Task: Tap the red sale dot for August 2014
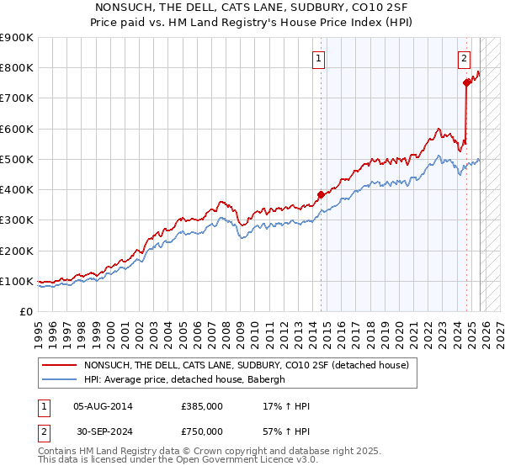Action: [321, 194]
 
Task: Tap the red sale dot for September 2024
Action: [466, 82]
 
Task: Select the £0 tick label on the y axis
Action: [26, 311]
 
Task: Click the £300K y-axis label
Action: [17, 220]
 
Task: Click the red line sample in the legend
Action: [59, 365]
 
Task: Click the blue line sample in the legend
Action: [59, 379]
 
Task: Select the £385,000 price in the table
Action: [202, 406]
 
